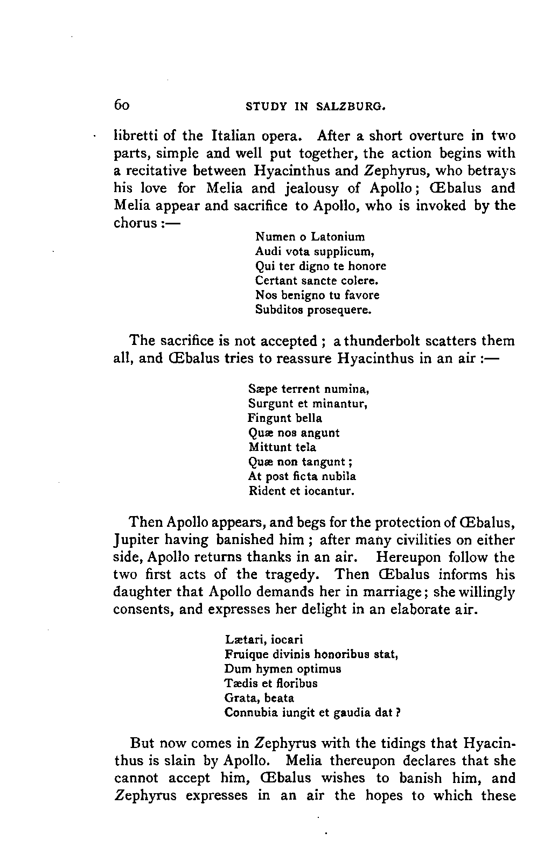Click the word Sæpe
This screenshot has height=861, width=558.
tap(261, 389)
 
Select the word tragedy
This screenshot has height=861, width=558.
tap(296, 575)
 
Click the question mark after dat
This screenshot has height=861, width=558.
tap(400, 713)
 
